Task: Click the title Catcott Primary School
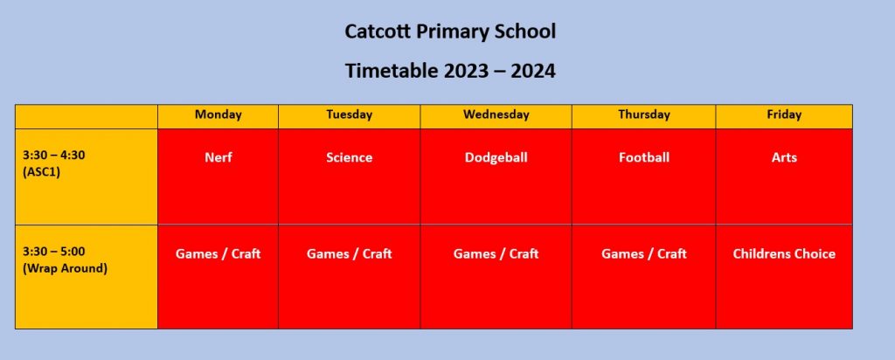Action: pyautogui.click(x=450, y=32)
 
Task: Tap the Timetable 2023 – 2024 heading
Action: pyautogui.click(x=450, y=72)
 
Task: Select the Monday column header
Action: pyautogui.click(x=218, y=114)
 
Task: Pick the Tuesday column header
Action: pyautogui.click(x=350, y=114)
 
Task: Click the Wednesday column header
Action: pyautogui.click(x=496, y=114)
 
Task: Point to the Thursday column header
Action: pyautogui.click(x=644, y=114)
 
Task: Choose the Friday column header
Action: pyautogui.click(x=784, y=114)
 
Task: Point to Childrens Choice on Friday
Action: pyautogui.click(x=784, y=254)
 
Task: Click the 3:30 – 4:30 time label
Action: pyautogui.click(x=54, y=156)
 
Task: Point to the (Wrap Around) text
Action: pyautogui.click(x=65, y=268)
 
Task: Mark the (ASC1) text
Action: pyautogui.click(x=41, y=172)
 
